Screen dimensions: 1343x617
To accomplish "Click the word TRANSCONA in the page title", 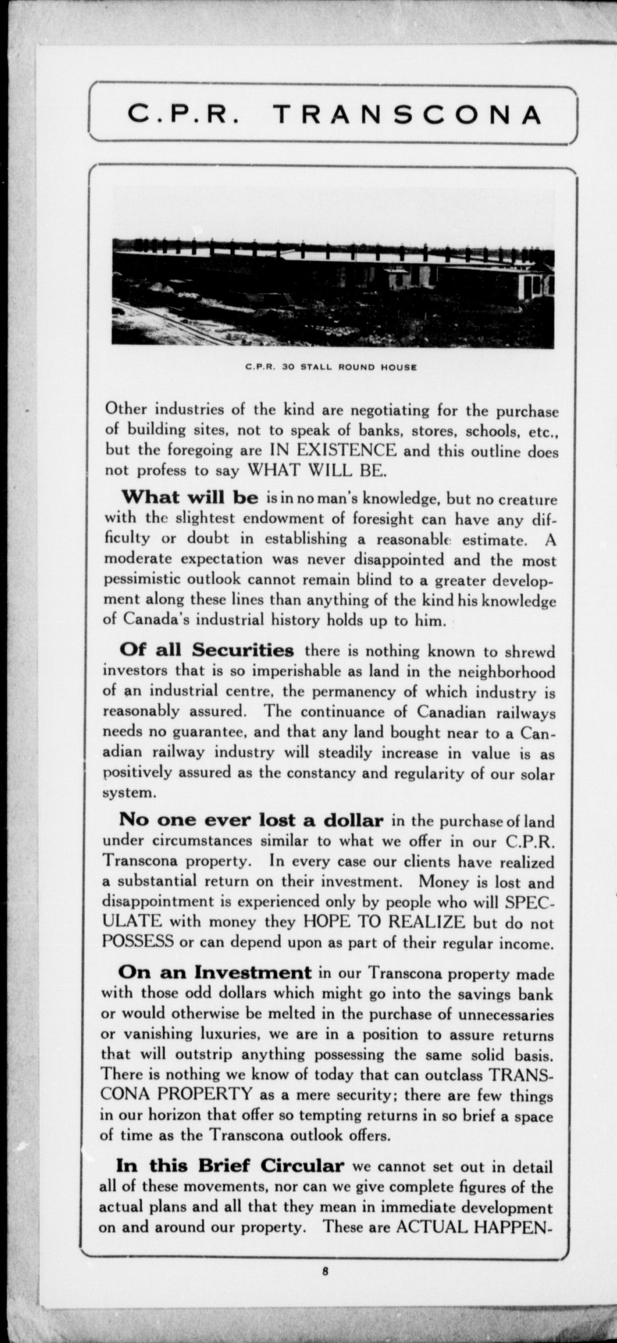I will [x=408, y=114].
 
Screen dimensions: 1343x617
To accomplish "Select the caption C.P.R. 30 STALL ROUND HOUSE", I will [x=331, y=367].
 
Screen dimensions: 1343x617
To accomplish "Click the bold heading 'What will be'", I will [x=190, y=498].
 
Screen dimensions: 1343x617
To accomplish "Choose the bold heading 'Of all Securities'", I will [x=207, y=650].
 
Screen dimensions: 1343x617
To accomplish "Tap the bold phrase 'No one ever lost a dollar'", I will [x=251, y=820].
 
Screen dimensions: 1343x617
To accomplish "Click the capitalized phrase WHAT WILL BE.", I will [x=317, y=470].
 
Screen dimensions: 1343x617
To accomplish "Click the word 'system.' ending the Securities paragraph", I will [x=130, y=792].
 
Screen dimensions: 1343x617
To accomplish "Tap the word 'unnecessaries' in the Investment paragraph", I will [x=506, y=1014].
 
